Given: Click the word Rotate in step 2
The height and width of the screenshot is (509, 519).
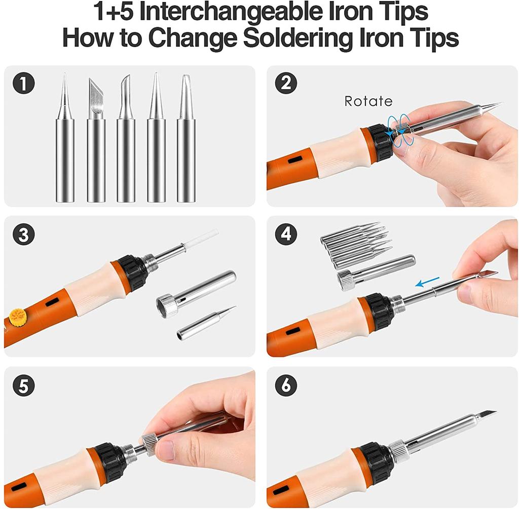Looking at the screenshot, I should tap(368, 101).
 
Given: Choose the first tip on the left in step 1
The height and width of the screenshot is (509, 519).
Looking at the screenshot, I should tap(65, 142).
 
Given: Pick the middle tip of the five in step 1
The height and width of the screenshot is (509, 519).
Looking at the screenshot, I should tap(126, 142).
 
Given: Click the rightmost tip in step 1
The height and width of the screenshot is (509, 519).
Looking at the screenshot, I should tap(186, 142).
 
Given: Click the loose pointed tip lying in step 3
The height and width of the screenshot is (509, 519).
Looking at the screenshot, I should tap(206, 323).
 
